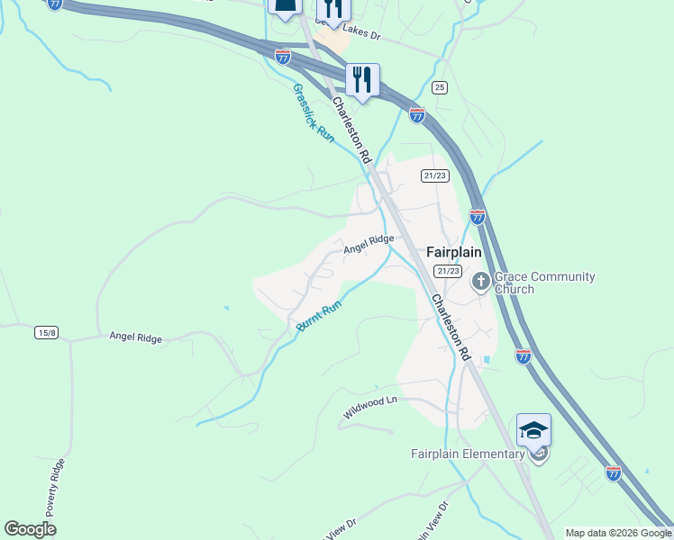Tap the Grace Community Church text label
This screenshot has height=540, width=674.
(x=539, y=283)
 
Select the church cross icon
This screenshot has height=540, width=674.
(x=480, y=283)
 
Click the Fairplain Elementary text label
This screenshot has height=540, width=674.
(x=468, y=454)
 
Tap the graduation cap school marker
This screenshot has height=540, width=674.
(x=533, y=430)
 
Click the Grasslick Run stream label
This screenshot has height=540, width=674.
(x=313, y=113)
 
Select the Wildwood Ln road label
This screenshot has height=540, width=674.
(x=369, y=408)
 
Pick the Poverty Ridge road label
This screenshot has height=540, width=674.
(x=59, y=490)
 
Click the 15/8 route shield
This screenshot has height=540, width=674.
(x=47, y=333)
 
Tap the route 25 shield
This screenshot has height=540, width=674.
(x=439, y=86)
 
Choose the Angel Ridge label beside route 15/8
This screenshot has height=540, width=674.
(x=135, y=337)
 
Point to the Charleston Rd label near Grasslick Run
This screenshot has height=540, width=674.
(x=352, y=130)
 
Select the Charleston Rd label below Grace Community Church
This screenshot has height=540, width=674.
(x=451, y=328)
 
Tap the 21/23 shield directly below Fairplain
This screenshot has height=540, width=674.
(x=448, y=271)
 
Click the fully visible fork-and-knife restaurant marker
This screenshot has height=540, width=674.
(x=362, y=81)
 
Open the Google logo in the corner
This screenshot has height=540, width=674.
(x=31, y=529)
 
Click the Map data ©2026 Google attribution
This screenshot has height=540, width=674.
(x=617, y=533)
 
